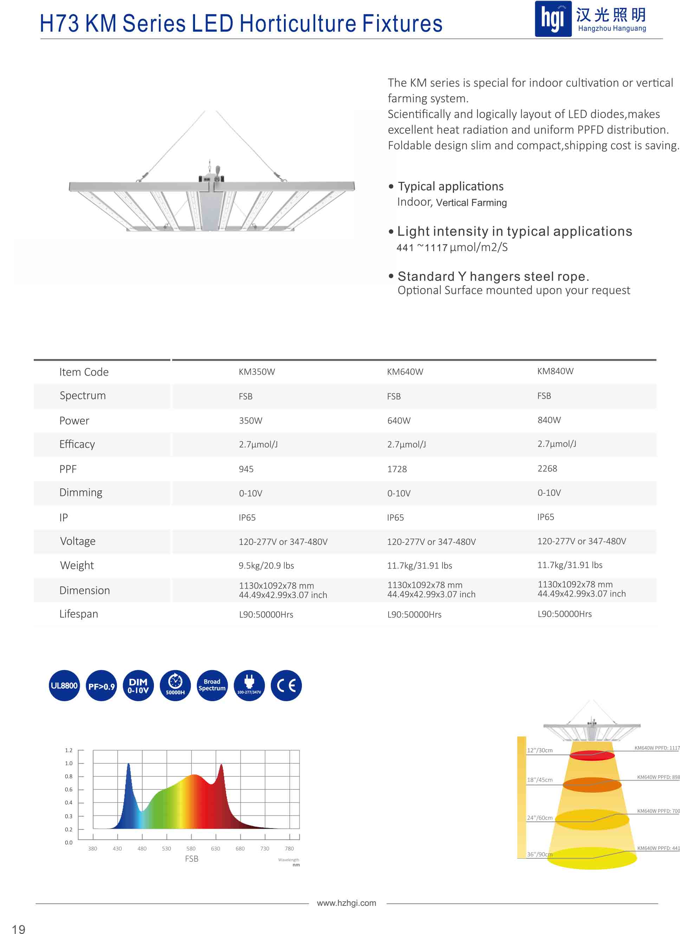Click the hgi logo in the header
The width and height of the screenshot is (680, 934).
point(553,19)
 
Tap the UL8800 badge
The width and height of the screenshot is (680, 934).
point(64,686)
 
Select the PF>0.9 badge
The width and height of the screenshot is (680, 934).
point(101,686)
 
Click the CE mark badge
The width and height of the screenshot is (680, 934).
point(286,686)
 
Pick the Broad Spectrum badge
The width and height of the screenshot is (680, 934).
point(212,685)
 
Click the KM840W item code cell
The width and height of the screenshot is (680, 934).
point(555,371)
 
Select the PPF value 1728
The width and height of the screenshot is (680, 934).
point(397,469)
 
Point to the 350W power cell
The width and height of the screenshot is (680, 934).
point(250,421)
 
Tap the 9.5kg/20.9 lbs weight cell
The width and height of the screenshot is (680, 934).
point(266,565)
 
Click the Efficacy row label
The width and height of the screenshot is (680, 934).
point(77,444)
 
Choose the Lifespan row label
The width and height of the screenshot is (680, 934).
point(79,614)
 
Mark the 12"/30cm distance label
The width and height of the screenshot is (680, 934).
point(540,750)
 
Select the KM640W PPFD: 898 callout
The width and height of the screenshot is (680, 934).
point(658,777)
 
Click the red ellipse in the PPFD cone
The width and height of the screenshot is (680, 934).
point(592,755)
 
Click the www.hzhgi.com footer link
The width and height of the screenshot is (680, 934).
point(347,903)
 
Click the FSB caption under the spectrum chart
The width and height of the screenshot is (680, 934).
point(192,859)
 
